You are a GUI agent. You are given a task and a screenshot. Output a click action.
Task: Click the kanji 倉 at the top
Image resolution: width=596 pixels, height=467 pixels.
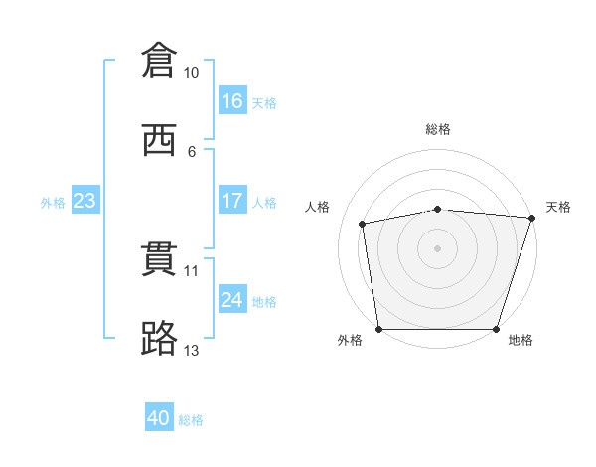pos(160,61)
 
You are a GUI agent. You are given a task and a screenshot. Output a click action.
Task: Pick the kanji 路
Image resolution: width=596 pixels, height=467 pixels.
pos(160,339)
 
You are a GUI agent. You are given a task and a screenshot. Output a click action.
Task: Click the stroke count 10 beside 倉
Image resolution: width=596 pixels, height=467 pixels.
pos(191,73)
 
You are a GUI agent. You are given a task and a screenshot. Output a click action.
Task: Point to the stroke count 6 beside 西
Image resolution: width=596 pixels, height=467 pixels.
pos(191,151)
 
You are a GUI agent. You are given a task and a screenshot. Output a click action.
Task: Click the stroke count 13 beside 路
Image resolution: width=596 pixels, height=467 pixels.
pos(191,351)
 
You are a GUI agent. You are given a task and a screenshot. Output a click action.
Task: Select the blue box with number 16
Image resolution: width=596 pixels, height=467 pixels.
pos(232,101)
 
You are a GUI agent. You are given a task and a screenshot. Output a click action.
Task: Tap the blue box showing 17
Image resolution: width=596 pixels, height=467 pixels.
pos(232,201)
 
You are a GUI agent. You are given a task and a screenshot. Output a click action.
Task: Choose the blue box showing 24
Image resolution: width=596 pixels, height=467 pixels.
pos(232,299)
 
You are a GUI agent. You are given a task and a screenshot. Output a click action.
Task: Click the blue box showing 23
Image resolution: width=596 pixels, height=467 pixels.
pos(84,201)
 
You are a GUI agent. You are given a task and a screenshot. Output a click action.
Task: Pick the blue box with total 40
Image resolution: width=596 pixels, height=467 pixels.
pos(159,418)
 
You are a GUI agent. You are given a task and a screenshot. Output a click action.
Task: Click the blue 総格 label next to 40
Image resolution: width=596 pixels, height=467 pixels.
pos(192,420)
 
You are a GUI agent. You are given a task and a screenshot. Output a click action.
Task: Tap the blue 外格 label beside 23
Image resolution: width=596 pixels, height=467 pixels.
pos(53,203)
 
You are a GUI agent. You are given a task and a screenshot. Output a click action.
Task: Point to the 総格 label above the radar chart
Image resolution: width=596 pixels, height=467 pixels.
pos(438,129)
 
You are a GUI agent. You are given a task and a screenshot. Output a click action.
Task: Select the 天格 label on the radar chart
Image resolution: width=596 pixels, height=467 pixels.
pos(558,207)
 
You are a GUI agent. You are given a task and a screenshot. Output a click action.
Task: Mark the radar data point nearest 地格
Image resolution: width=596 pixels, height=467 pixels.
pos(496,329)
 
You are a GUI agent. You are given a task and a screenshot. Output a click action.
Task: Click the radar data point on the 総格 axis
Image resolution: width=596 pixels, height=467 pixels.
pos(438,209)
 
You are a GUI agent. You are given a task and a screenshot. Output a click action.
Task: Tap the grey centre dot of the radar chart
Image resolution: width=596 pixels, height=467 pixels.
pos(438,247)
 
